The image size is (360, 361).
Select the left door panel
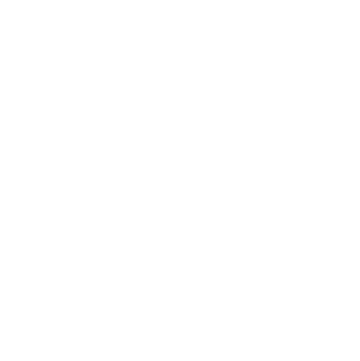click(x=149, y=326)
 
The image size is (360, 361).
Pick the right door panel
click(x=213, y=326)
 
